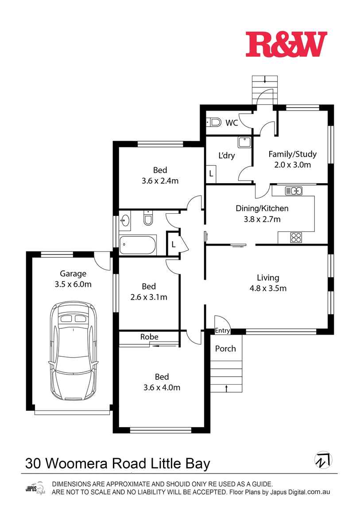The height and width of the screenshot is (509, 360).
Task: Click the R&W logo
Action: (286, 44)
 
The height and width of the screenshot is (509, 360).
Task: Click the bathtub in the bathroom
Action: (138, 245)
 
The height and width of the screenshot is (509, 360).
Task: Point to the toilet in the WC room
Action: (214, 122)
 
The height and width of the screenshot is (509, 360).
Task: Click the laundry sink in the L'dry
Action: (244, 143)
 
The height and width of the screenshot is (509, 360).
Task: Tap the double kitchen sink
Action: (294, 191)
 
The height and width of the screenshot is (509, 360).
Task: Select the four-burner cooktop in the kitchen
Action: (296, 238)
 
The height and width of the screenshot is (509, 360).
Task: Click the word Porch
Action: (225, 349)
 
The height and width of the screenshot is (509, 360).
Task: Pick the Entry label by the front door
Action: (222, 331)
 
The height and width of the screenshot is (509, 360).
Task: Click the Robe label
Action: (149, 337)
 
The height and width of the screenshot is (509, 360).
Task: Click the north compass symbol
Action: (323, 460)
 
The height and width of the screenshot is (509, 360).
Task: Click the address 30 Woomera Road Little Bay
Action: (118, 463)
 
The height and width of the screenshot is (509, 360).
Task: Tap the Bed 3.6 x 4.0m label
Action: (162, 382)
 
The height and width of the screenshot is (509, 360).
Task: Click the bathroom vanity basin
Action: (125, 220)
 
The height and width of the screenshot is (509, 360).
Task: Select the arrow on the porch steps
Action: (227, 389)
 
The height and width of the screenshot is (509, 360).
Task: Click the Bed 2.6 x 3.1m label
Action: (149, 292)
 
